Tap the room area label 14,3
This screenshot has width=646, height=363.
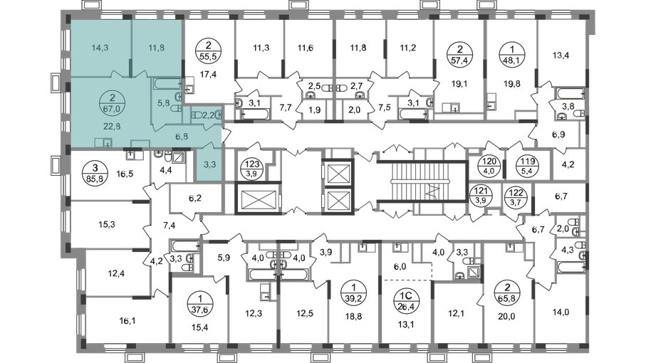pos(100,48)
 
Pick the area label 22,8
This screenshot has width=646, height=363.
pos(112,127)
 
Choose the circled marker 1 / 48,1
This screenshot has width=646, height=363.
pos(511,55)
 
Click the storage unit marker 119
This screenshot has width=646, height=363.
pos(528,165)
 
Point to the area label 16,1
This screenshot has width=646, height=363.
pos(127,320)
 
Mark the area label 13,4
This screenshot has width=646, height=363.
pos(561,55)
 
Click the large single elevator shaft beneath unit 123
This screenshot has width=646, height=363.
pos(258,199)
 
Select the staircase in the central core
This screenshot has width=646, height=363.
pos(422,182)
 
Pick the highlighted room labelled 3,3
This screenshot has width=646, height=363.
pos(209,165)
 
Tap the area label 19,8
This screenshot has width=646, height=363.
pos(511,84)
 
